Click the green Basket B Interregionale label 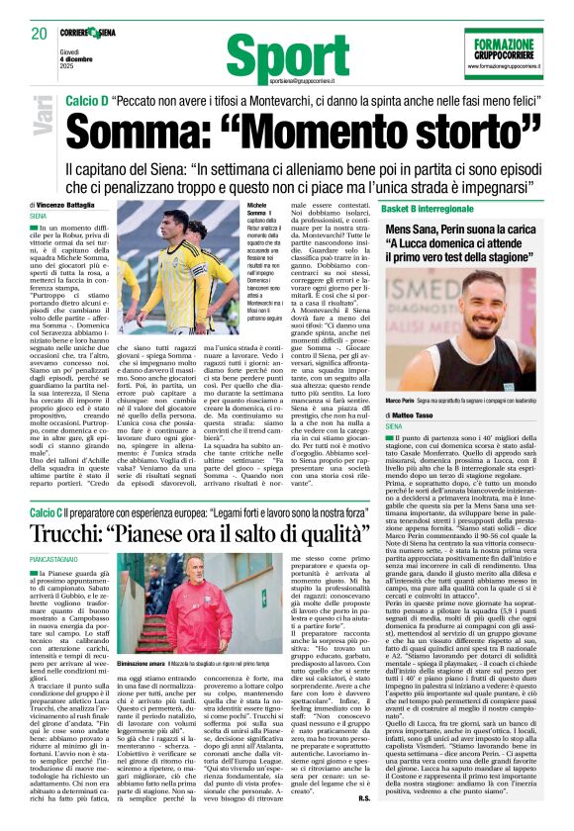(436, 210)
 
